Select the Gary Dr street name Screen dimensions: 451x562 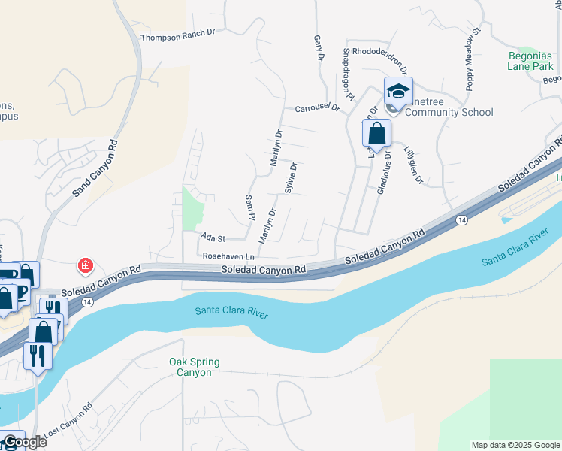pyautogui.click(x=318, y=47)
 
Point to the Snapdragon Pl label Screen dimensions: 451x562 pyautogui.click(x=348, y=74)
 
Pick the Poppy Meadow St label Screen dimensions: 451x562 pyautogui.click(x=471, y=60)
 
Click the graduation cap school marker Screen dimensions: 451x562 pyautogui.click(x=398, y=92)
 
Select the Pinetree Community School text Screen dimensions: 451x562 pyautogui.click(x=448, y=112)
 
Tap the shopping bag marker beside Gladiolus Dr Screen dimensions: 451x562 pyautogui.click(x=376, y=134)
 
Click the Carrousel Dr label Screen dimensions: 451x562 pyautogui.click(x=317, y=107)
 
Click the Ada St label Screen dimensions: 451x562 pyautogui.click(x=213, y=238)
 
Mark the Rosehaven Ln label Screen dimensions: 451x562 pyautogui.click(x=229, y=256)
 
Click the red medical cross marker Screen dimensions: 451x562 pyautogui.click(x=86, y=265)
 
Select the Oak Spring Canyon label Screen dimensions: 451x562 pyautogui.click(x=194, y=367)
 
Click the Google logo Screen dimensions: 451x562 pyautogui.click(x=24, y=442)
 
